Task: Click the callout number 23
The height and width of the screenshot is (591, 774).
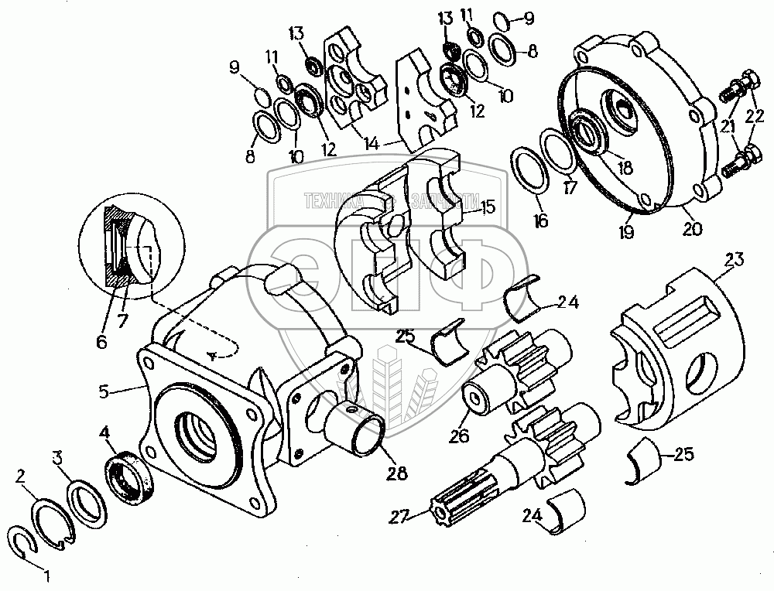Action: tap(734, 261)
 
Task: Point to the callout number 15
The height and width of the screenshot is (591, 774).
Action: tap(488, 207)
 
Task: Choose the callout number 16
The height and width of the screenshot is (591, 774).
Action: tap(540, 221)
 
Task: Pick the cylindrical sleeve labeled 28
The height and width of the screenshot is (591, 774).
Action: tap(357, 433)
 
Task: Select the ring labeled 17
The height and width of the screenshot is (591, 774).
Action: tap(557, 152)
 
